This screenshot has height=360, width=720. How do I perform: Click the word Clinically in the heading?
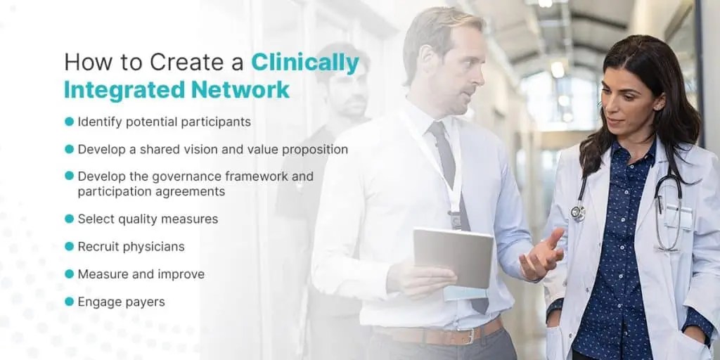tap(305, 63)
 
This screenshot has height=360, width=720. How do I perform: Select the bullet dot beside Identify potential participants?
tap(69, 122)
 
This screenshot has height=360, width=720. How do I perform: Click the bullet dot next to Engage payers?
tap(69, 302)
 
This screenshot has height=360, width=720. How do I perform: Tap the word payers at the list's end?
tap(146, 302)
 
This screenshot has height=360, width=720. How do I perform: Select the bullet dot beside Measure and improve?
tap(69, 274)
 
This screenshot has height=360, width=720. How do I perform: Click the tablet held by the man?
tap(453, 257)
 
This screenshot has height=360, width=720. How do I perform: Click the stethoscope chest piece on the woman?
tap(577, 212)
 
